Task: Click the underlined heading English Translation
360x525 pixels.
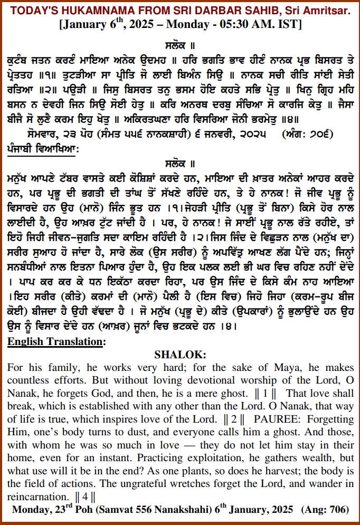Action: [56, 341]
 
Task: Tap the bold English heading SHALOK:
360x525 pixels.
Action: [180, 354]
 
